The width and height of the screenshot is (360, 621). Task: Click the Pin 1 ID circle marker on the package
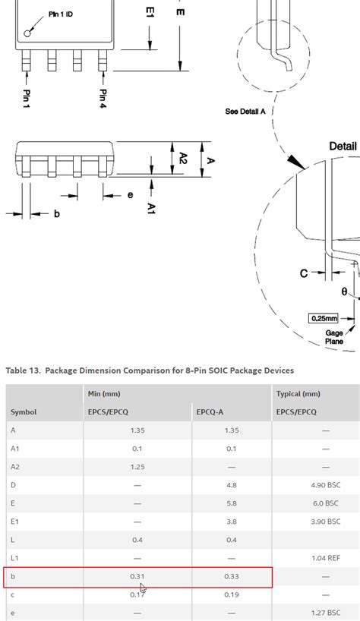(29, 32)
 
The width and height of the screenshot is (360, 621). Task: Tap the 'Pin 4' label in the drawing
(102, 98)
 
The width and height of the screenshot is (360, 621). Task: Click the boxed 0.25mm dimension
(324, 318)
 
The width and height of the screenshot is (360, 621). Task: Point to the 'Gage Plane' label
(334, 336)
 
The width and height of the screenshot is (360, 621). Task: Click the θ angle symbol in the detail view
(344, 292)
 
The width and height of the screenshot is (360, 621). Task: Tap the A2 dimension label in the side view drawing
(184, 158)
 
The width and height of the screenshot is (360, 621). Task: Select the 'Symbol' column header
(24, 412)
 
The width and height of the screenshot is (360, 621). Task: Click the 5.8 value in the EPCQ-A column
(232, 503)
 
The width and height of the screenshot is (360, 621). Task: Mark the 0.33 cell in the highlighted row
(232, 576)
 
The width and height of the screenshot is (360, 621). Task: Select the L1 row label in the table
(14, 558)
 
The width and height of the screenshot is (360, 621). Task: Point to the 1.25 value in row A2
(137, 466)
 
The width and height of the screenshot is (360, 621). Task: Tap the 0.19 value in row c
(232, 594)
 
